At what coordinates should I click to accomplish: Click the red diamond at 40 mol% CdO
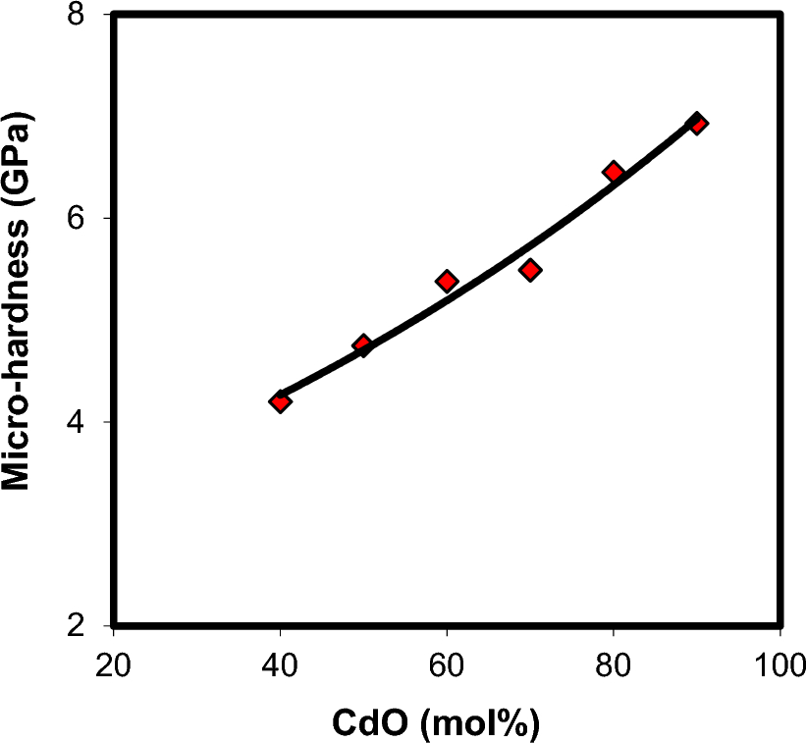(280, 401)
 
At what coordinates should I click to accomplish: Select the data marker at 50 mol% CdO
(362, 345)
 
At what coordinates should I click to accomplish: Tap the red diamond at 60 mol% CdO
(447, 282)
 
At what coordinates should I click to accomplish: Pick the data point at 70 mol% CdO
(530, 270)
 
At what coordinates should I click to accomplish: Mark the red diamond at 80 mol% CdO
(614, 172)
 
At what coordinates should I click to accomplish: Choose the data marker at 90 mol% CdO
(697, 123)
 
